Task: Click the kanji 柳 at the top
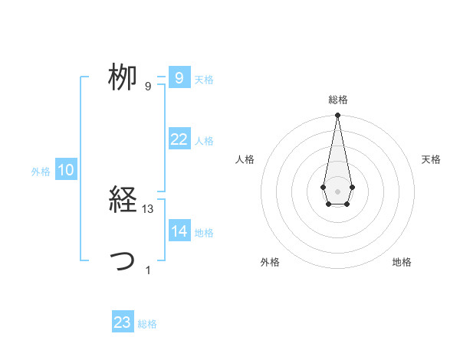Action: [122, 77]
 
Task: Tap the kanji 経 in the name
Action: [122, 201]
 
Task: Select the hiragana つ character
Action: [123, 262]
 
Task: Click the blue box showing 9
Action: [179, 77]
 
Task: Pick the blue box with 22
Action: [179, 139]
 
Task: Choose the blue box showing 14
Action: [179, 231]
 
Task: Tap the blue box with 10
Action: [66, 170]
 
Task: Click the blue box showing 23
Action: [123, 322]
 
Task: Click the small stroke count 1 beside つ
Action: [148, 270]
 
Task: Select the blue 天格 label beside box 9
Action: [204, 80]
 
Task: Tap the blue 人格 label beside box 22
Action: [204, 141]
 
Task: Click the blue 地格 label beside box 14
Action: [204, 233]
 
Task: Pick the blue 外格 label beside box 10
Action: [41, 172]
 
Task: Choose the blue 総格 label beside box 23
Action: [148, 325]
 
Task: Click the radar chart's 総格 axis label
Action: [337, 100]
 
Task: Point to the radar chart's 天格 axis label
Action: [432, 159]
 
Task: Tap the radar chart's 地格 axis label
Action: [402, 262]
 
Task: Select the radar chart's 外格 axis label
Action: [270, 262]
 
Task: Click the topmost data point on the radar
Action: [337, 116]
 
